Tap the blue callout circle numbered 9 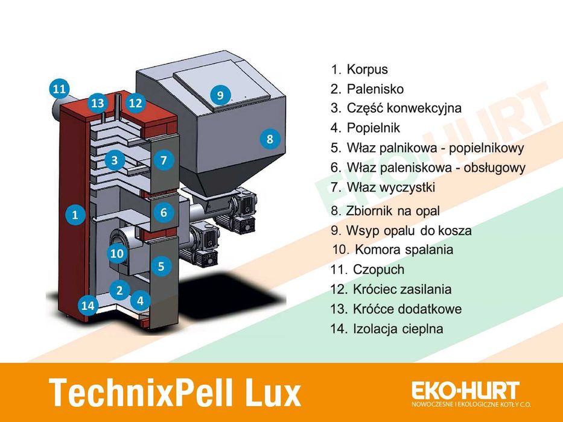220,95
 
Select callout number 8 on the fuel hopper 270,139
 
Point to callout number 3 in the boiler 114,160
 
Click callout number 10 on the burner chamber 116,254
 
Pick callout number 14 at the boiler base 88,306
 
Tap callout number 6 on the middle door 164,212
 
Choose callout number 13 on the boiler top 98,103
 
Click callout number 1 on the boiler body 75,213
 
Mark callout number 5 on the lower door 161,266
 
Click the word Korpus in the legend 367,70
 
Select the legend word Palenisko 375,89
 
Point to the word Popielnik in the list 373,128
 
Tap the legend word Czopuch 378,269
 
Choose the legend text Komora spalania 404,250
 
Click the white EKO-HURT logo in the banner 465,389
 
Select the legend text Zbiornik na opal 393,211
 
